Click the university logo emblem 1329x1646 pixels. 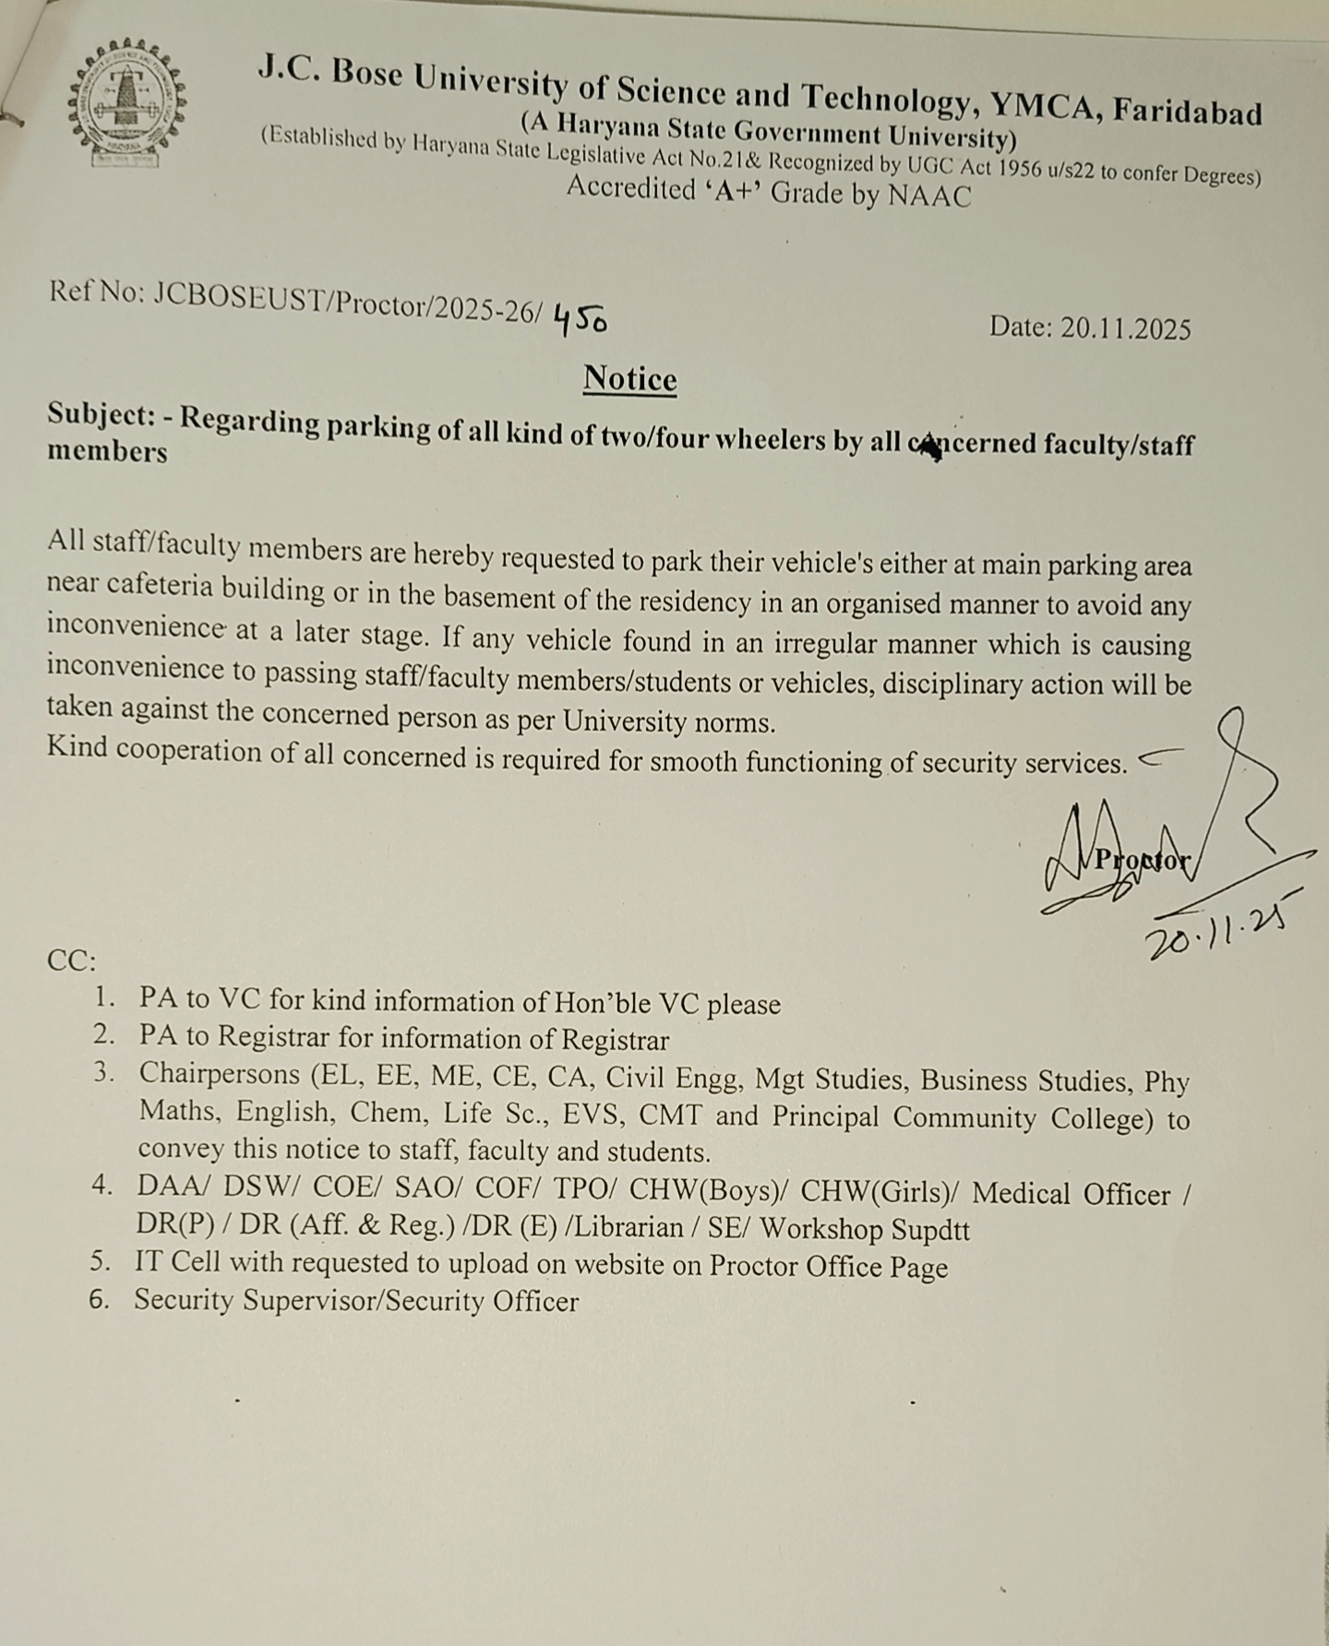[127, 101]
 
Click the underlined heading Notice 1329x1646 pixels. [629, 379]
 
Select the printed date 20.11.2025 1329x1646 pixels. [1125, 329]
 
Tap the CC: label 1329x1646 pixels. [71, 961]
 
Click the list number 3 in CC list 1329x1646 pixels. [102, 1073]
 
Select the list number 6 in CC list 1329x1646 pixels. [100, 1299]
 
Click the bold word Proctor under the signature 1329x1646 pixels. [1141, 860]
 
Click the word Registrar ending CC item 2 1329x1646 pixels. [615, 1041]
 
